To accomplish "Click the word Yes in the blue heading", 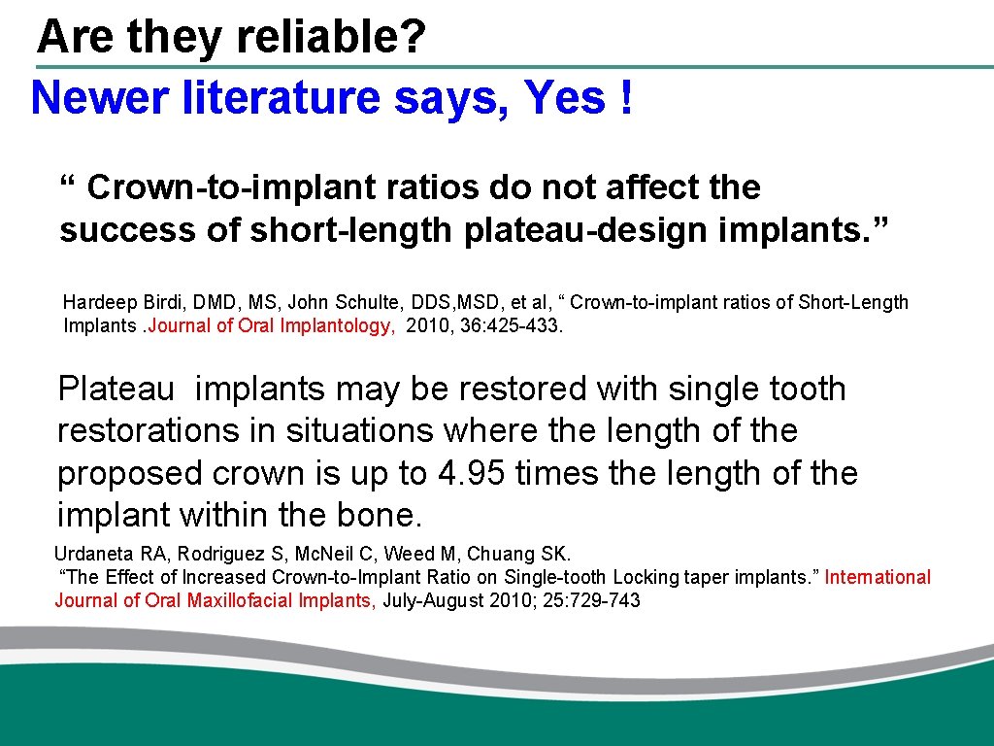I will click(562, 98).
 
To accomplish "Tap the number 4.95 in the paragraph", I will click(472, 474).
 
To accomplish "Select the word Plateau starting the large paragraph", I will click(116, 389).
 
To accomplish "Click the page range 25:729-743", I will click(591, 600).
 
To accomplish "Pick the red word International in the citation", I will click(878, 577).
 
